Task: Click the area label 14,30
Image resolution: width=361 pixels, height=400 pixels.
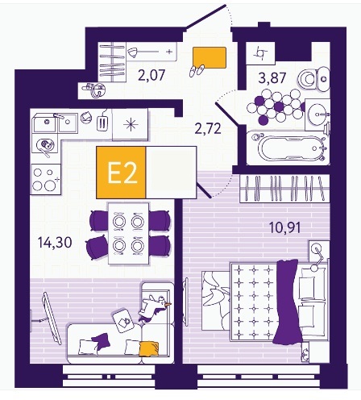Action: click(x=55, y=243)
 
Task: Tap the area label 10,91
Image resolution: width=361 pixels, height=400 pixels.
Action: click(x=285, y=227)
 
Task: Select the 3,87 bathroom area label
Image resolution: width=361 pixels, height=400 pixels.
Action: click(x=272, y=78)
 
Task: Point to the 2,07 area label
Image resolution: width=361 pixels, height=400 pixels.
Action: click(x=151, y=75)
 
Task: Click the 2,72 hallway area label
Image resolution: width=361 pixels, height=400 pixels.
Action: click(x=208, y=128)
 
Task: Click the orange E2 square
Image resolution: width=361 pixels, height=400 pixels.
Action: click(x=121, y=173)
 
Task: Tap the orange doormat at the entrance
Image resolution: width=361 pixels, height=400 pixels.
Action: click(x=210, y=57)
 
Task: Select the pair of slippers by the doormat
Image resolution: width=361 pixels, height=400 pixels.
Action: click(x=197, y=71)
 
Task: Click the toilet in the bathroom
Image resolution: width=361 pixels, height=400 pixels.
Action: click(x=313, y=78)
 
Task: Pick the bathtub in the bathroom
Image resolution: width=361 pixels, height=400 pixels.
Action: click(x=288, y=148)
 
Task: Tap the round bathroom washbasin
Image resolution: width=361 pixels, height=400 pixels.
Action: click(x=318, y=115)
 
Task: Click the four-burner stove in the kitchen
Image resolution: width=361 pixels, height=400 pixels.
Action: click(x=45, y=179)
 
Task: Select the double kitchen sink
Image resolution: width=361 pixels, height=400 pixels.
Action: click(x=55, y=123)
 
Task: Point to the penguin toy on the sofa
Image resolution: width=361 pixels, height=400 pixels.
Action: click(x=153, y=308)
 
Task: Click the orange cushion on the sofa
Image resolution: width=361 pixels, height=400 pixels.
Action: click(x=149, y=348)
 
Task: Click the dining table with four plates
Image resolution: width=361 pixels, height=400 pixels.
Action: click(x=128, y=233)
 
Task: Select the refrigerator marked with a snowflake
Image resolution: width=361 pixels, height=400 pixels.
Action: click(x=131, y=124)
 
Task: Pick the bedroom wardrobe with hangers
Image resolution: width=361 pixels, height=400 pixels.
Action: click(x=284, y=189)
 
